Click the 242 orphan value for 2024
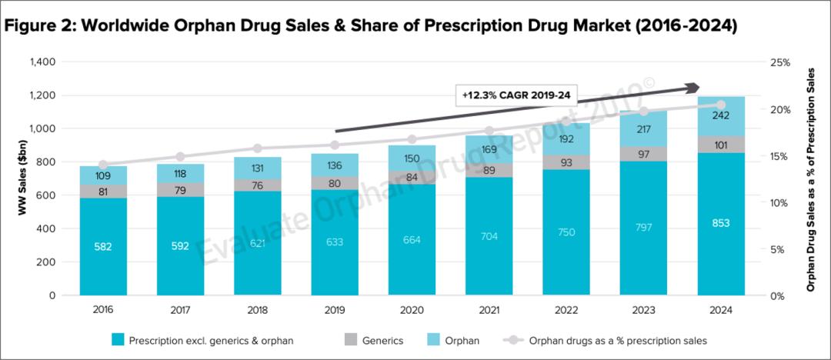(721, 115)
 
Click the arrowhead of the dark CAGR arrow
(692, 88)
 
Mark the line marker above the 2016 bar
(103, 165)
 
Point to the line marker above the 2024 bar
(721, 105)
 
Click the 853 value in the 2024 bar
(721, 224)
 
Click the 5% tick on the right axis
(778, 249)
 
